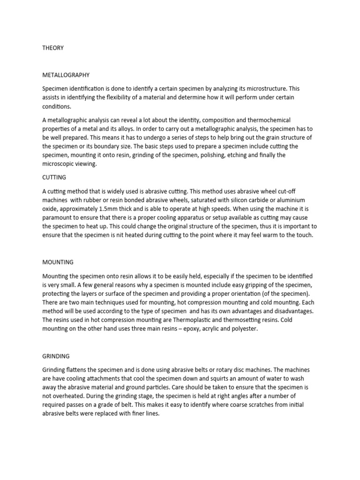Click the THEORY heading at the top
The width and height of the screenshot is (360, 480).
[53, 48]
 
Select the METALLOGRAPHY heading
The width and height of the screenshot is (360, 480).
[66, 75]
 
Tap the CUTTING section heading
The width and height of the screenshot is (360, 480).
[54, 178]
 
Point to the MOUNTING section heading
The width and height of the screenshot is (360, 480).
[58, 262]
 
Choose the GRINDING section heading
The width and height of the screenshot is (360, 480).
[56, 356]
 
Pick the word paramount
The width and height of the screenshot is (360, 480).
[58, 217]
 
